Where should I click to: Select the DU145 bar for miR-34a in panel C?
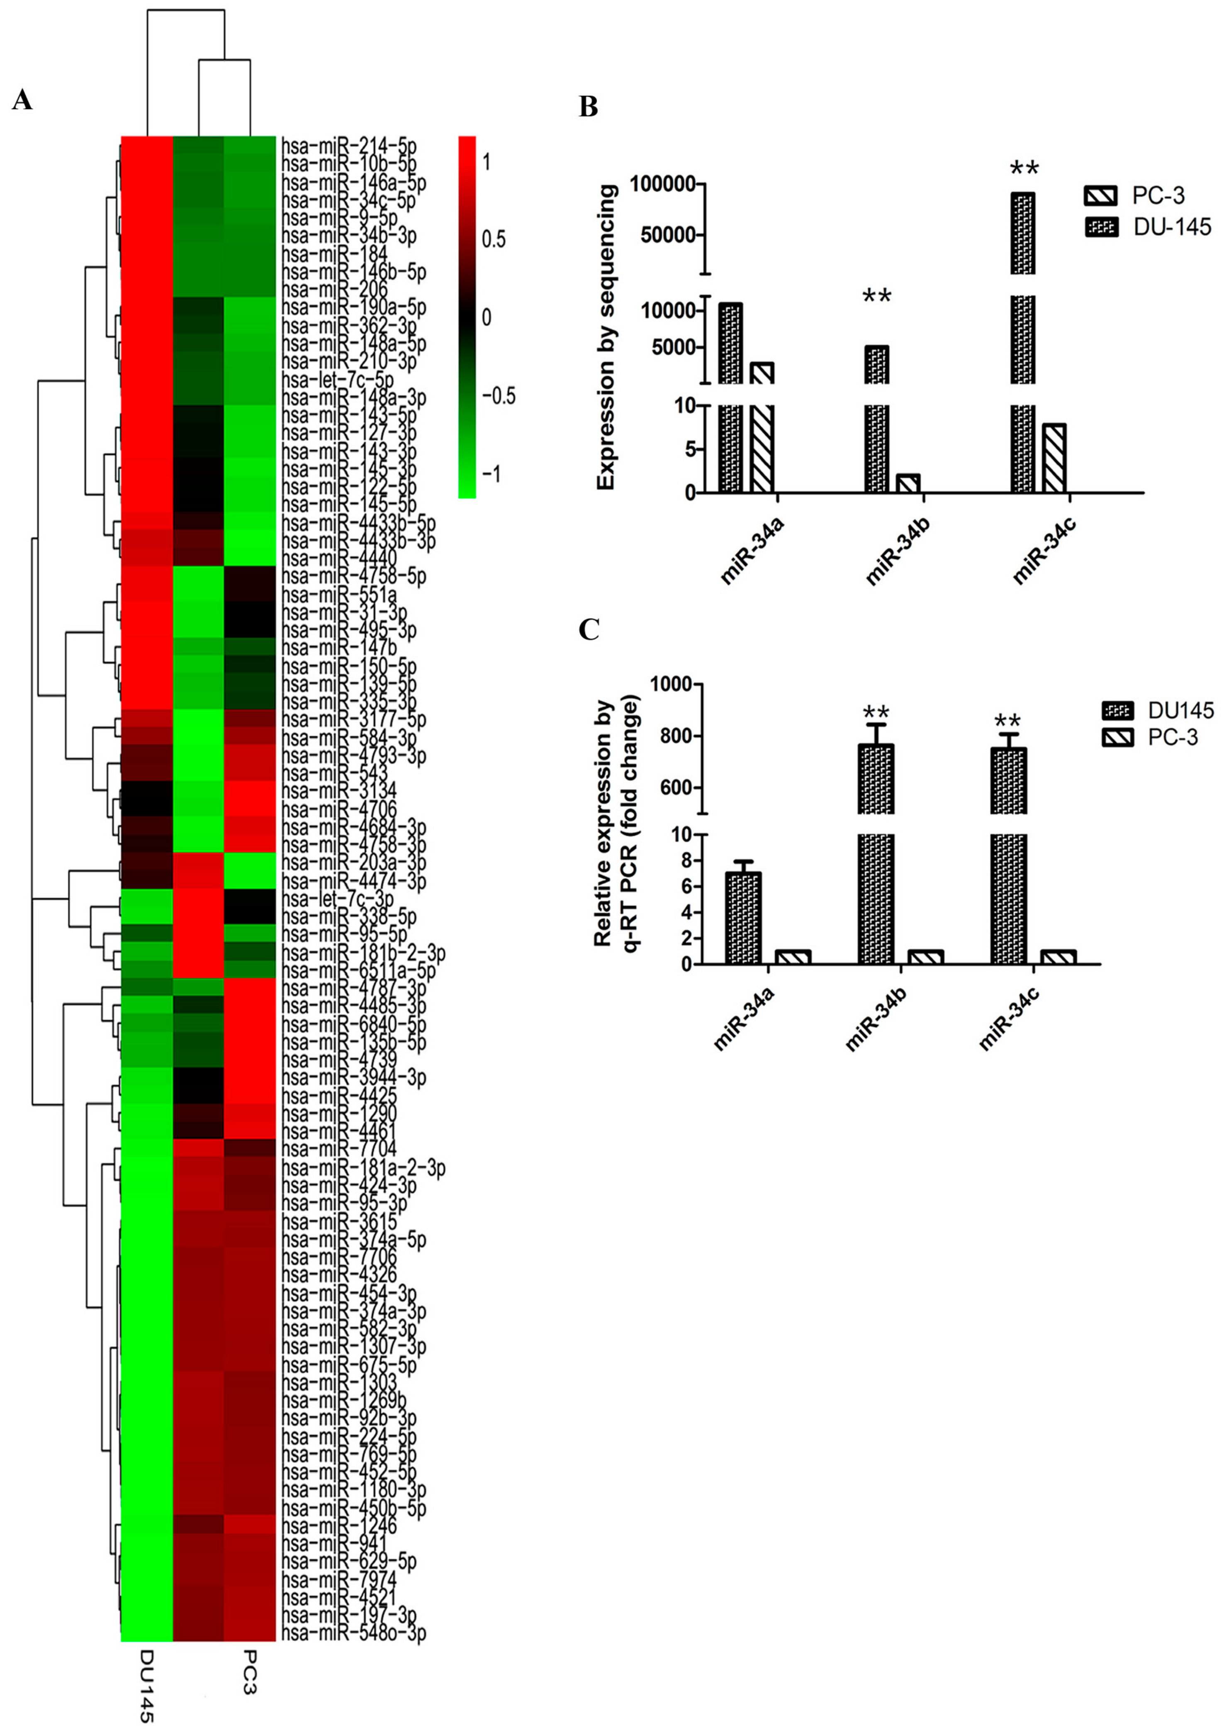tap(743, 918)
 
